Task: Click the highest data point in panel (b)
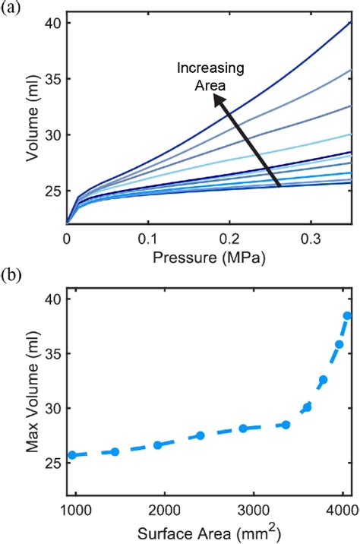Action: [348, 315]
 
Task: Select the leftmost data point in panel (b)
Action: [72, 455]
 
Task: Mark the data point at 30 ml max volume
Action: [308, 408]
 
